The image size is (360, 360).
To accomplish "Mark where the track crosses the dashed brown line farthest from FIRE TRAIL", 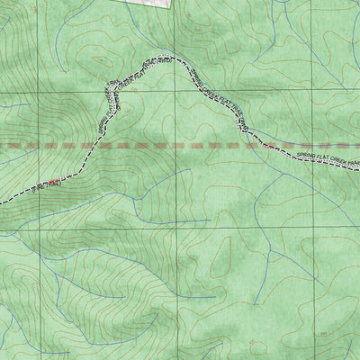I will pyautogui.click(x=251, y=143).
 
